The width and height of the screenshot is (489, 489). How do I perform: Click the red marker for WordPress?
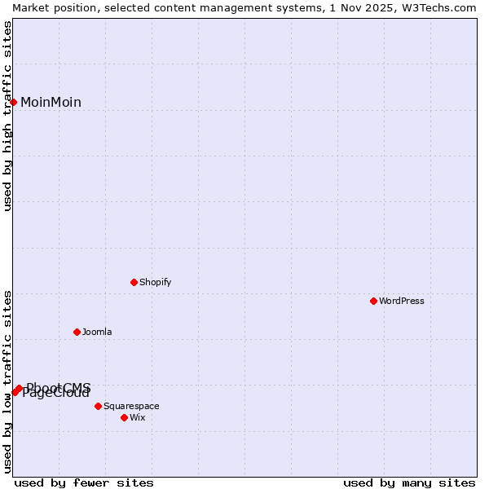point(373,301)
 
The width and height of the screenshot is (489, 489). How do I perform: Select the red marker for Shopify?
point(134,282)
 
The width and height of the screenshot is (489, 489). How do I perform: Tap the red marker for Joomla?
point(77,332)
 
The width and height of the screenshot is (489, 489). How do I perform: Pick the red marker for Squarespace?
point(98,406)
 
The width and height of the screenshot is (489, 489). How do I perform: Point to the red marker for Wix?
point(124,417)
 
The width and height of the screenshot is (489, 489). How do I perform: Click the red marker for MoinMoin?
point(14,102)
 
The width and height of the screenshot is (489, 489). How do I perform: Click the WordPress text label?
point(402,301)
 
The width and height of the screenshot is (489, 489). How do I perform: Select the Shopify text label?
point(155,282)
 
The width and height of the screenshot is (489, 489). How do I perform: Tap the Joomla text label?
point(97,332)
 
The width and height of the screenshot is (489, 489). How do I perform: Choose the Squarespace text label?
point(131,406)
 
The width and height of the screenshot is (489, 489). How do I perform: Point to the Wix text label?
point(138,417)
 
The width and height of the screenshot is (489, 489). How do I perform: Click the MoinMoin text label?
point(51,102)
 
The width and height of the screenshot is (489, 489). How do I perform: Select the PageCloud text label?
point(55,394)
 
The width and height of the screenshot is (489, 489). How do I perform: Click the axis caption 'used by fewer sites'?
point(84,482)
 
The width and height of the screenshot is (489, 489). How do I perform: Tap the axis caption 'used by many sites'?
point(409,482)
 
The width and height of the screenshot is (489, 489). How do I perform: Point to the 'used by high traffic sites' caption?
point(8,116)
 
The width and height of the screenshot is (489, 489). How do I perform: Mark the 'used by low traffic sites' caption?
point(8,381)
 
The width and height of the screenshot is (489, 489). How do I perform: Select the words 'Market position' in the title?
point(50,7)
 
